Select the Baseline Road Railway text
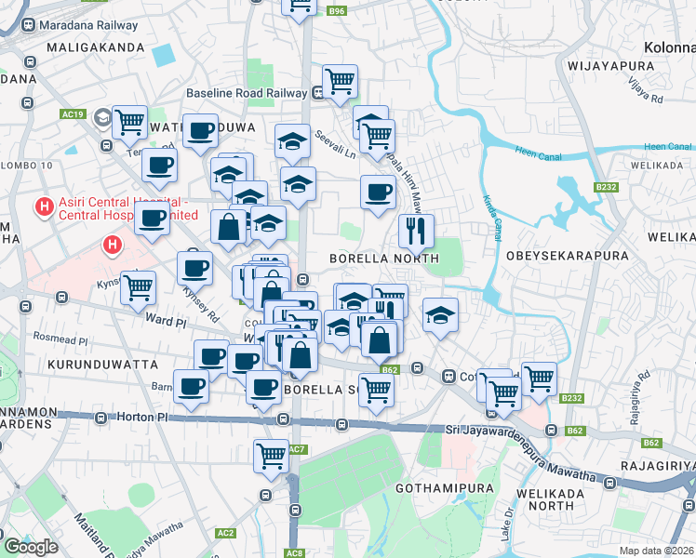pyautogui.click(x=247, y=93)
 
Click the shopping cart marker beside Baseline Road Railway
pyautogui.click(x=340, y=81)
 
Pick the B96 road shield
pyautogui.click(x=337, y=11)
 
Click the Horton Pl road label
pyautogui.click(x=142, y=418)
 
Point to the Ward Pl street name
pyautogui.click(x=166, y=321)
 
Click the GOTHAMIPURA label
pyautogui.click(x=440, y=487)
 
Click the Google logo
pyautogui.click(x=31, y=547)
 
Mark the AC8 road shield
pyautogui.click(x=295, y=553)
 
